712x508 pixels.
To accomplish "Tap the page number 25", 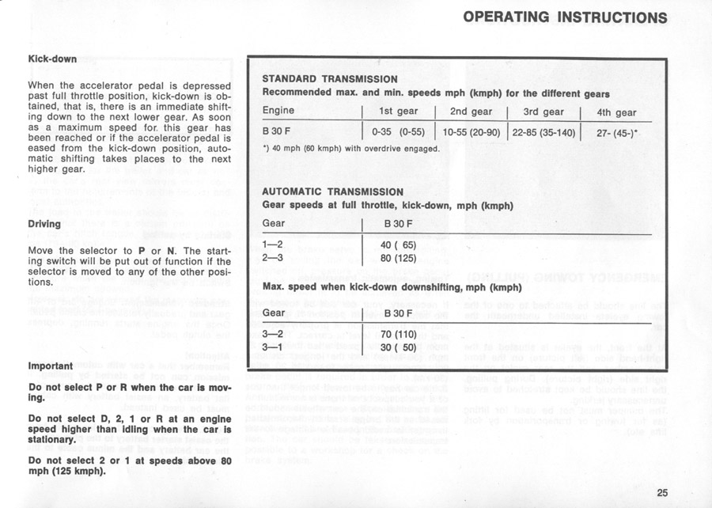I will point(663,494).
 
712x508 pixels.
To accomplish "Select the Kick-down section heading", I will point(52,59).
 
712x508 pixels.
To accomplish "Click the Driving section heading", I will point(46,224).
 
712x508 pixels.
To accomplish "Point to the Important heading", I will point(50,366).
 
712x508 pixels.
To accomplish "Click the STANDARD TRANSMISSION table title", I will point(329,79).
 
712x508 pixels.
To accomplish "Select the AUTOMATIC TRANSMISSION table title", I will point(332,191).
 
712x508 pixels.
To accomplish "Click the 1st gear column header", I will point(397,112).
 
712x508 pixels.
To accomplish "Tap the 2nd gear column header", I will point(471,112).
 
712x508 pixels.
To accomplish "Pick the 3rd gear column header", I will point(543,112).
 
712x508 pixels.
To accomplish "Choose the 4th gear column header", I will point(616,112).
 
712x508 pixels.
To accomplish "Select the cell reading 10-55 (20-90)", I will point(471,131).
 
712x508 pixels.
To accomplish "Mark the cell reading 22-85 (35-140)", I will point(543,131).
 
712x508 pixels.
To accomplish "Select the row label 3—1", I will point(273,347).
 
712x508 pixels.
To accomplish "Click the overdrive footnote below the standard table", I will point(350,147).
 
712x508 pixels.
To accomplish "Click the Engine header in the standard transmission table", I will point(278,111).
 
